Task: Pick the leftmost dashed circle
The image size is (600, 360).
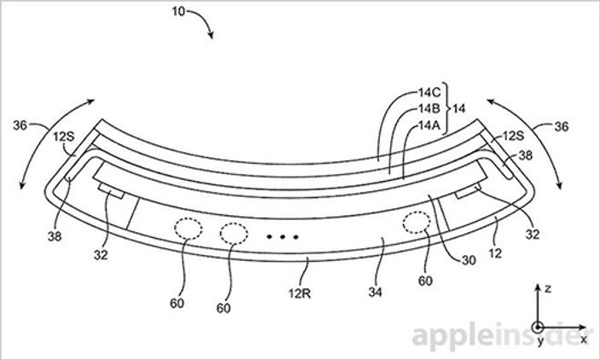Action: [x=188, y=226]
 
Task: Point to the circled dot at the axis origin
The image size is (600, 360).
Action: [x=537, y=327]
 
